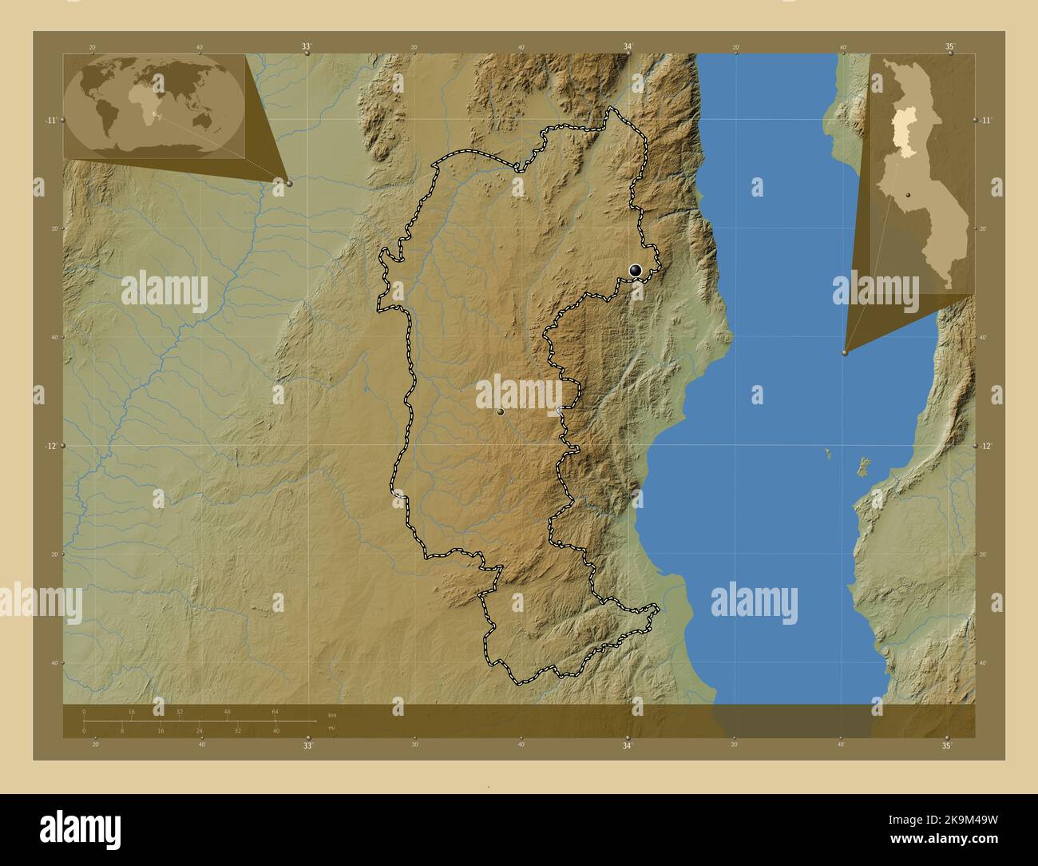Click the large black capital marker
636,271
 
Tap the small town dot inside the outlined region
500,412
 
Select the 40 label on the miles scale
275,730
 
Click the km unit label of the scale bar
332,714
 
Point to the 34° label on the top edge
628,47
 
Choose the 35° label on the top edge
949,47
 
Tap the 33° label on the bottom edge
307,745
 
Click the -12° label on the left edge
50,445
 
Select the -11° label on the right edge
987,120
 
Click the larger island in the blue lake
862,466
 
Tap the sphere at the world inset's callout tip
288,183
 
